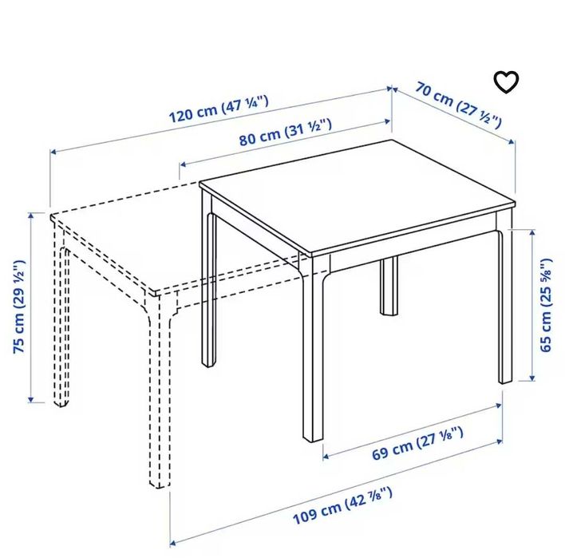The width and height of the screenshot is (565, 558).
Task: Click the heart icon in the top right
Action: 506,81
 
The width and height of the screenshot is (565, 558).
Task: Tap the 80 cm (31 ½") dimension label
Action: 285,131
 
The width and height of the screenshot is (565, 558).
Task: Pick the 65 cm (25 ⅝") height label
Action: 546,304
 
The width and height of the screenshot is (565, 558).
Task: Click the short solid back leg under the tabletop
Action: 389,287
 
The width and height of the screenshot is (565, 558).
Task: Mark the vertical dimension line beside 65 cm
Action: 532,304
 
